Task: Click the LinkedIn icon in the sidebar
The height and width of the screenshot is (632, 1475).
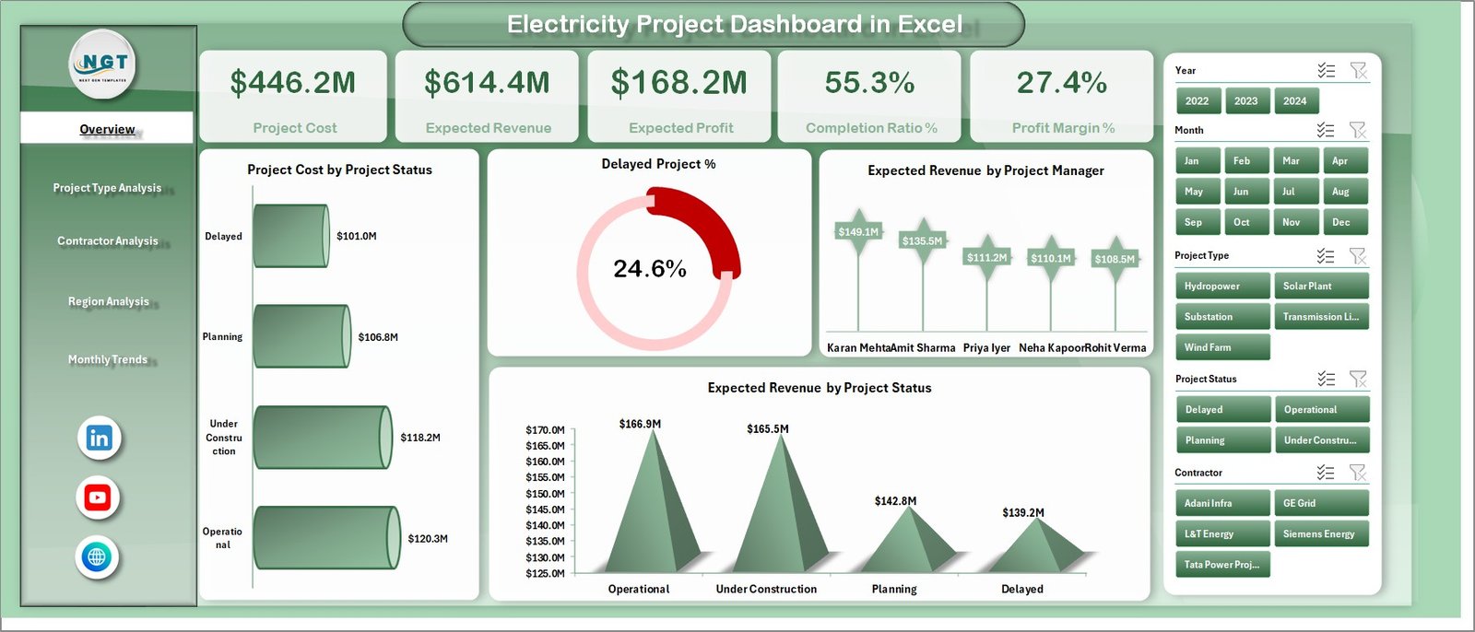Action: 99,438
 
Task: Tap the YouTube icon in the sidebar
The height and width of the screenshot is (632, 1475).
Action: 98,497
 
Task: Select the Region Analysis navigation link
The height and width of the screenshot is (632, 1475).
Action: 108,301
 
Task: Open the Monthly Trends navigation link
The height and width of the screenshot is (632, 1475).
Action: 108,359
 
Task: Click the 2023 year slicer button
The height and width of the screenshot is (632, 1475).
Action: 1245,101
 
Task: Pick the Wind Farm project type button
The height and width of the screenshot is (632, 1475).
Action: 1222,347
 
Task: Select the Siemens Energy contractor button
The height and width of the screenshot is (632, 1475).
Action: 1320,534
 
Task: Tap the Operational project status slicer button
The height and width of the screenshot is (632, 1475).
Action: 1320,410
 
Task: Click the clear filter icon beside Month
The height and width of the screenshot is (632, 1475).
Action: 1357,130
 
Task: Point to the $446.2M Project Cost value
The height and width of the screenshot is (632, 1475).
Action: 293,83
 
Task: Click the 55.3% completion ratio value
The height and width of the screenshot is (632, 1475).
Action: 869,83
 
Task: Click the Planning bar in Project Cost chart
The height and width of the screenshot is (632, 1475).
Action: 301,336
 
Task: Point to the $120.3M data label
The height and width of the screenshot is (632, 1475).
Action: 428,539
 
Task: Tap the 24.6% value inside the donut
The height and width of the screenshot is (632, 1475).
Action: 650,269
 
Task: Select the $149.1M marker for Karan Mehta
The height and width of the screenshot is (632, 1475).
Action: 858,231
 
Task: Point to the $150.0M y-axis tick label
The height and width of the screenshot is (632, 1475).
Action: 545,494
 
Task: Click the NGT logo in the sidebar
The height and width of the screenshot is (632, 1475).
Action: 103,64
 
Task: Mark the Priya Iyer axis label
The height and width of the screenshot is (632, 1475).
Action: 986,348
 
